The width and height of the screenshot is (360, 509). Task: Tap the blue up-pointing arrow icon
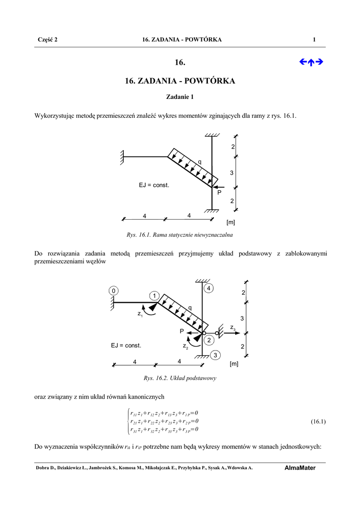click(311, 62)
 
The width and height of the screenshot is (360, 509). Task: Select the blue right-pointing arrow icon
click(320, 62)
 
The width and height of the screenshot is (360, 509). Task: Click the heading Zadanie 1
click(180, 97)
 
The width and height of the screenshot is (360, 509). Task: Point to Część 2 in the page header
click(48, 40)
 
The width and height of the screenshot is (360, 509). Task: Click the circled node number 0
click(114, 290)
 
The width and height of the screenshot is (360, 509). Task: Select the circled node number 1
click(155, 296)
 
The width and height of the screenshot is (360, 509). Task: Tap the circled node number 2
click(209, 340)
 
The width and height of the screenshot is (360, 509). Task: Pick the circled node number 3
click(215, 355)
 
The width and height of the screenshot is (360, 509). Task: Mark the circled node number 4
click(209, 288)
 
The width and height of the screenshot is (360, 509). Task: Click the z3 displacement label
click(233, 328)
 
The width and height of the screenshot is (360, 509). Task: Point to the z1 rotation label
click(140, 314)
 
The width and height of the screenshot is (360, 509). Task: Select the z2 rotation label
click(185, 345)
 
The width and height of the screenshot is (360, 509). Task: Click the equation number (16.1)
click(318, 422)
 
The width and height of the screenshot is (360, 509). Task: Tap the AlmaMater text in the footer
click(300, 468)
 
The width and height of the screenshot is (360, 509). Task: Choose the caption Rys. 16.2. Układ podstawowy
click(180, 378)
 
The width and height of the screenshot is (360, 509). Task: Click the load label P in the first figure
click(218, 192)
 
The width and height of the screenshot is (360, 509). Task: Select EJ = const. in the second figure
click(126, 345)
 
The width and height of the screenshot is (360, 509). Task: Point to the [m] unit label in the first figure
click(231, 222)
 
